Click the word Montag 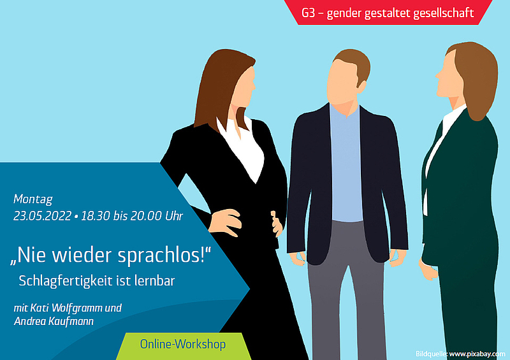click(33, 199)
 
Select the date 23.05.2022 click(42, 216)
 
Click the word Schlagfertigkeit click(66, 281)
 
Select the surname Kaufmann click(71, 321)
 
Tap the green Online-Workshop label click(183, 345)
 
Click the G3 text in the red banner click(308, 13)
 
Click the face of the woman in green click(449, 76)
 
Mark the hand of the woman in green click(428, 270)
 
